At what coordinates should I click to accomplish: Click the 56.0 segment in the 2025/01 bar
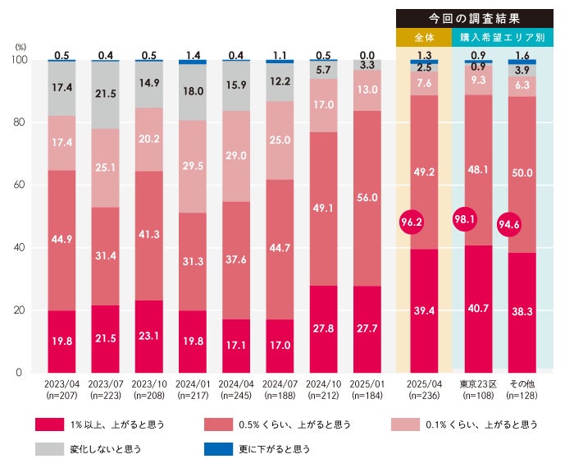click(x=368, y=198)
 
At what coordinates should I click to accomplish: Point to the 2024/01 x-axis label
click(x=192, y=383)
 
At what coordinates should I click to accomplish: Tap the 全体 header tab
click(x=423, y=38)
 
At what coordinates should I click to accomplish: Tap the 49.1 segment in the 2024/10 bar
click(x=324, y=209)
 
